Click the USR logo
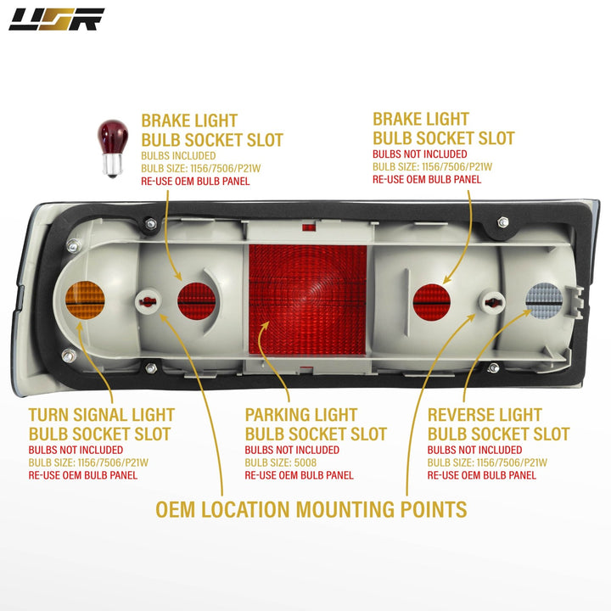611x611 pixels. pyautogui.click(x=56, y=19)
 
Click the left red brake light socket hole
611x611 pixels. pyautogui.click(x=196, y=300)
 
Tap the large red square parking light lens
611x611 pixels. pyautogui.click(x=307, y=300)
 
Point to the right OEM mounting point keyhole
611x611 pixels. pyautogui.click(x=491, y=300)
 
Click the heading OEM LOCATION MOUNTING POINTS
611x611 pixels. pyautogui.click(x=311, y=509)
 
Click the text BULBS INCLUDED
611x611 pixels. pyautogui.click(x=178, y=156)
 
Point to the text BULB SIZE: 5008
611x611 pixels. pyautogui.click(x=281, y=462)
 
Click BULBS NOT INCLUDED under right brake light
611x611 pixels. pyautogui.click(x=420, y=154)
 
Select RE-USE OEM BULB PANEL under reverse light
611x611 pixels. pyautogui.click(x=482, y=475)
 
